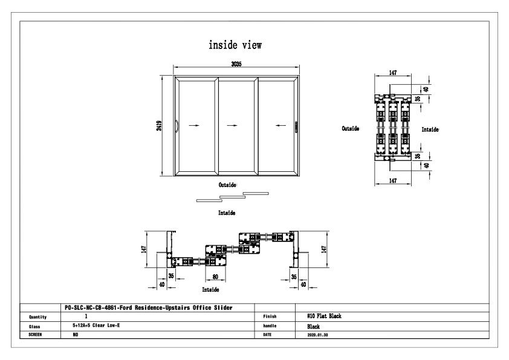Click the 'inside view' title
point(235,45)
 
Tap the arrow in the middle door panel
point(232,125)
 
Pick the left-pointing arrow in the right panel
point(279,125)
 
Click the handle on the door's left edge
point(177,125)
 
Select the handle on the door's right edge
point(296,126)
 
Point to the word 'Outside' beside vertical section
point(351,129)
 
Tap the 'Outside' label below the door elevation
point(227,185)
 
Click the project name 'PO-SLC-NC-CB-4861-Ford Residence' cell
point(148,307)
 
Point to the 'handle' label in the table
point(270,325)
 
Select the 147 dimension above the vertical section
point(393,73)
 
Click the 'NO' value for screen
point(74,333)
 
